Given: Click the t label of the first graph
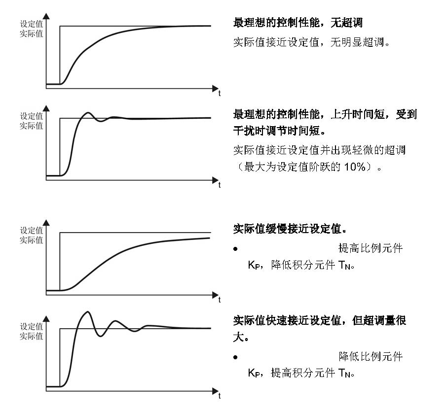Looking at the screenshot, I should (x=220, y=93).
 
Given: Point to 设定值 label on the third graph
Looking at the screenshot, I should (x=31, y=230).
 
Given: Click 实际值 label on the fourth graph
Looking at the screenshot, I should (x=31, y=336).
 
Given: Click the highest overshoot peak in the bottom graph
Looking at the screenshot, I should (x=87, y=312).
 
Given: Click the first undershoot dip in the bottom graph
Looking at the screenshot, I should (x=102, y=336).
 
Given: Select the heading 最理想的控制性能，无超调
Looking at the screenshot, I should (x=301, y=23).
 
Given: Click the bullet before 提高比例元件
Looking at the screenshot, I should (x=236, y=249).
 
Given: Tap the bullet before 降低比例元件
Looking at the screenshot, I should (x=236, y=357).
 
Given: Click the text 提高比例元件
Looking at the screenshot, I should (x=370, y=248).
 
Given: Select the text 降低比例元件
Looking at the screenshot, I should (x=370, y=356).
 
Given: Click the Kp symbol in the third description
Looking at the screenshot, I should (x=254, y=265).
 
